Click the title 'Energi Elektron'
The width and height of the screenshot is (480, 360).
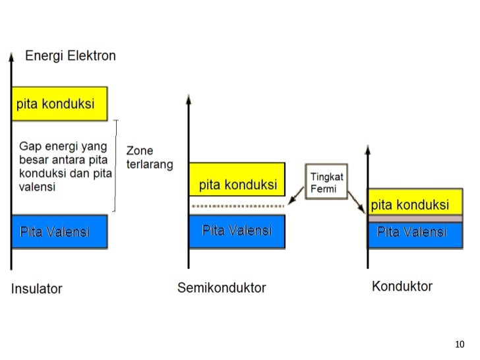click(70, 56)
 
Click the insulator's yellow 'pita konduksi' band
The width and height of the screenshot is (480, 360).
click(59, 104)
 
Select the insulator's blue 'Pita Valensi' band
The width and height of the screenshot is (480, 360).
click(59, 231)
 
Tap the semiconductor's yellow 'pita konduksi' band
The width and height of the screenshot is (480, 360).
click(237, 179)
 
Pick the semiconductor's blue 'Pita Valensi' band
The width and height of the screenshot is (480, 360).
click(237, 231)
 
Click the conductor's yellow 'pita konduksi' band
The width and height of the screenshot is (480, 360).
click(415, 201)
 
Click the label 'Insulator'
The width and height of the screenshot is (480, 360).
click(36, 289)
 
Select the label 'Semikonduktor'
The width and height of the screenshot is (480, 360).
click(222, 287)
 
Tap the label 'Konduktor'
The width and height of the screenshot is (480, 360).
click(402, 286)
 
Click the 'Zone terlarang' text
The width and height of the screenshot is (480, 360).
click(149, 158)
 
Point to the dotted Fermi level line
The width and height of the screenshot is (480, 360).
click(237, 206)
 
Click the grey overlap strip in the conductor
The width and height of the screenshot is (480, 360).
click(415, 218)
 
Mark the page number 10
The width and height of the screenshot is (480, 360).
click(460, 344)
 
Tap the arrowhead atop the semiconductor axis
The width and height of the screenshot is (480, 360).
click(189, 100)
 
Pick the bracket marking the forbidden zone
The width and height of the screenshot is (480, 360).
click(117, 165)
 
